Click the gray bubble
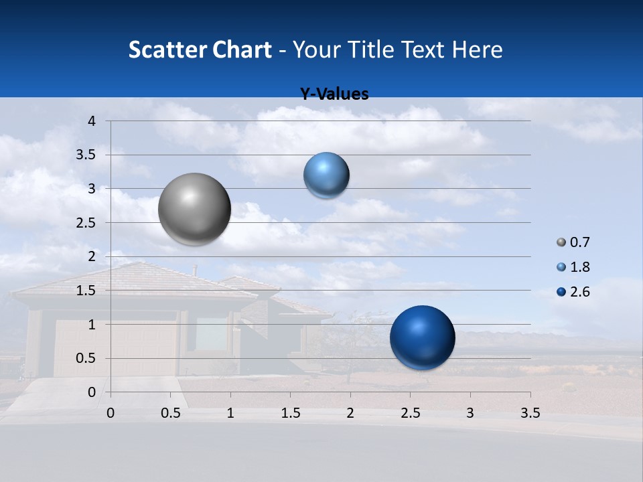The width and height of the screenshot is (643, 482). (195, 209)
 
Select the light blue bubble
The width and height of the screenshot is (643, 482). (326, 175)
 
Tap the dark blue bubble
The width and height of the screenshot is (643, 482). (422, 337)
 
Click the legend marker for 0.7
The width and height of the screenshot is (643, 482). (561, 242)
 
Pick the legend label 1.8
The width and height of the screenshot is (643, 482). (580, 267)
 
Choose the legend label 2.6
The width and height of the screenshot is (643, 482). (580, 292)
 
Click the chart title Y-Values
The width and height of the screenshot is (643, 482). (334, 94)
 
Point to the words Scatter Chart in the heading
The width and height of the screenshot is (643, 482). (200, 50)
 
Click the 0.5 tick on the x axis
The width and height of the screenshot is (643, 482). (171, 413)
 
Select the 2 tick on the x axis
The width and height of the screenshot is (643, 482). (350, 413)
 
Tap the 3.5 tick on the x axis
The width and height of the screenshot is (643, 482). (530, 413)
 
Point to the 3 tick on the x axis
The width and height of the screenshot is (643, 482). (470, 413)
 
